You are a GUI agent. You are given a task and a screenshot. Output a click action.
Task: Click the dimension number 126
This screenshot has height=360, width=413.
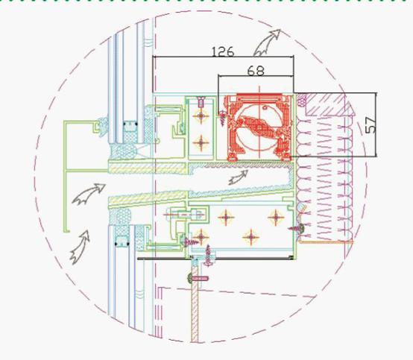coord(223,51)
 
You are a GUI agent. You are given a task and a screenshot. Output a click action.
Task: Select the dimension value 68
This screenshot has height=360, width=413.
coord(256,71)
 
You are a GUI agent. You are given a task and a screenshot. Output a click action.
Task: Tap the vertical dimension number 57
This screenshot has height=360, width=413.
coord(371,124)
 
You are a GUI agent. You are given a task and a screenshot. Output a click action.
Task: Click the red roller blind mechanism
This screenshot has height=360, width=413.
coord(259,127)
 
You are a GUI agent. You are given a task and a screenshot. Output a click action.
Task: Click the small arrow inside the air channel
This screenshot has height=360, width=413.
coord(239,177)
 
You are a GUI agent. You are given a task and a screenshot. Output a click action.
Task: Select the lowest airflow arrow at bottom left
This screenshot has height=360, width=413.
coord(79,247)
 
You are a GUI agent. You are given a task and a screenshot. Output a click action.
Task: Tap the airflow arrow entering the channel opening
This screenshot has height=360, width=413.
coord(88,194)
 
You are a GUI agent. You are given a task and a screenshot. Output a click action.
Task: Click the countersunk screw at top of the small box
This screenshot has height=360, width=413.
coord(201,102)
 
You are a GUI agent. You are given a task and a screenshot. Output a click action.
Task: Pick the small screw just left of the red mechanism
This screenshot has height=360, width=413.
coord(223,118)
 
